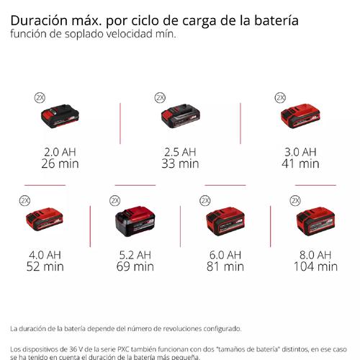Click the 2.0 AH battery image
(x=60, y=116)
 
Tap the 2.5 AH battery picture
(x=181, y=116)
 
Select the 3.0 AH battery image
(x=300, y=116)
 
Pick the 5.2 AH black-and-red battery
(x=135, y=221)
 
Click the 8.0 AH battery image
(x=315, y=221)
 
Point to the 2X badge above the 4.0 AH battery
(x=24, y=201)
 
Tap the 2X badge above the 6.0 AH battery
(x=205, y=201)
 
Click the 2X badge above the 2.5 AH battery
(x=160, y=98)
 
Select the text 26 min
(x=60, y=163)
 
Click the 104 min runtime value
(x=315, y=266)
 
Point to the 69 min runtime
(x=135, y=266)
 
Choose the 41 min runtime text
(x=300, y=163)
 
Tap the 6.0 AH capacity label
(x=225, y=255)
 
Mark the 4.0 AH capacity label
(x=45, y=255)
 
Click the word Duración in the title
(x=39, y=20)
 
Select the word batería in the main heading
(x=276, y=20)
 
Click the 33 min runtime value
(x=180, y=163)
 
